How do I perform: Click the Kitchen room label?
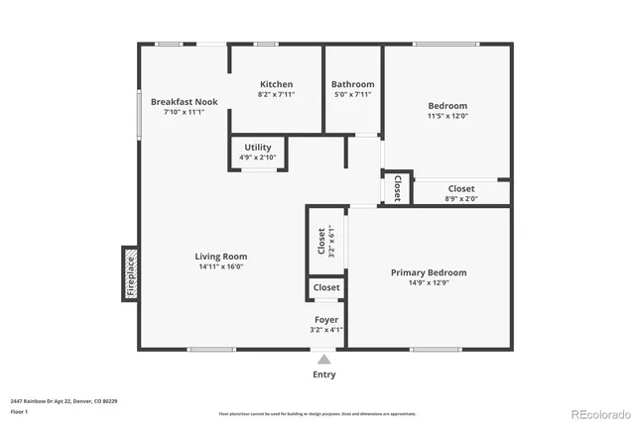pyautogui.click(x=276, y=84)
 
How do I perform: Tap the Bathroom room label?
pyautogui.click(x=352, y=84)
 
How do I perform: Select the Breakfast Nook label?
pyautogui.click(x=184, y=101)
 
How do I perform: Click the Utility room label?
pyautogui.click(x=257, y=148)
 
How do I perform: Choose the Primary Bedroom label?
pyautogui.click(x=428, y=272)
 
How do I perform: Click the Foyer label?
pyautogui.click(x=326, y=320)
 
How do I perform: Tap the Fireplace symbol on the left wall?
pyautogui.click(x=130, y=274)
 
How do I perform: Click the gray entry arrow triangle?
pyautogui.click(x=323, y=359)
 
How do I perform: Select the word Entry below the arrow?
pyautogui.click(x=323, y=374)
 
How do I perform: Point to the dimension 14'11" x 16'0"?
pyautogui.click(x=220, y=266)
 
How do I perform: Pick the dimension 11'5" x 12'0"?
pyautogui.click(x=447, y=116)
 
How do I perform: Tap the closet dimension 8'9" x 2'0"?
pyautogui.click(x=460, y=198)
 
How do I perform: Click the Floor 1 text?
pyautogui.click(x=19, y=410)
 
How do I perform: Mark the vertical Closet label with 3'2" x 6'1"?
pyautogui.click(x=320, y=242)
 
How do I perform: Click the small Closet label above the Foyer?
pyautogui.click(x=326, y=288)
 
